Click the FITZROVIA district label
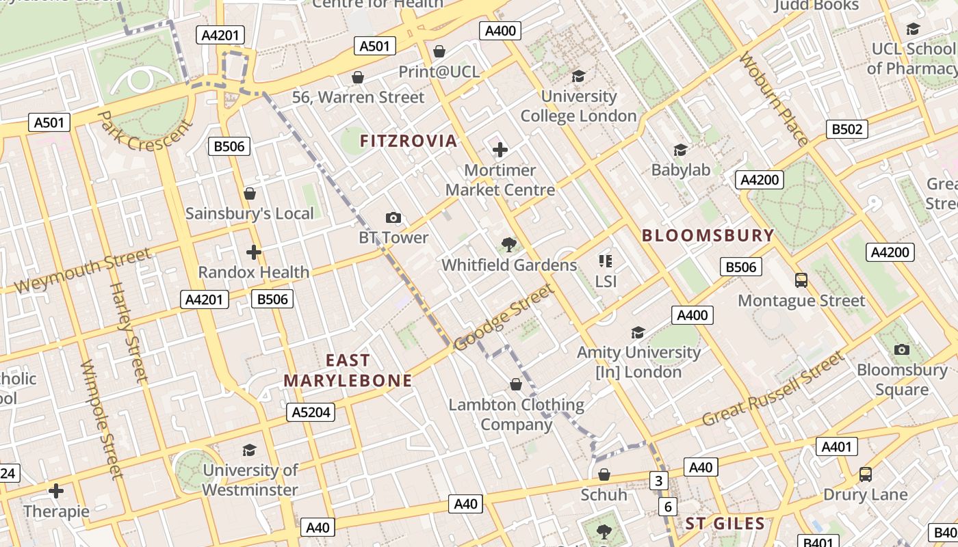pyautogui.click(x=409, y=141)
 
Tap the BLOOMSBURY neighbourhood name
pyautogui.click(x=708, y=236)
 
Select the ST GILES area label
pyautogui.click(x=725, y=524)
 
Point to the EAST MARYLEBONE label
pyautogui.click(x=348, y=371)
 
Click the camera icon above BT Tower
pyautogui.click(x=393, y=217)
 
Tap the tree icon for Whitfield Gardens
pyautogui.click(x=508, y=244)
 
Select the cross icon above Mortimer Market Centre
pyautogui.click(x=500, y=149)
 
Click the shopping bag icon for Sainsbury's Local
pyautogui.click(x=250, y=194)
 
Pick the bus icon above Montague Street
pyautogui.click(x=801, y=280)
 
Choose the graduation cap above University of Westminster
pyautogui.click(x=250, y=450)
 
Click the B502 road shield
pyautogui.click(x=846, y=129)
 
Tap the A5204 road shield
pyautogui.click(x=310, y=412)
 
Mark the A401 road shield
pyautogui.click(x=836, y=447)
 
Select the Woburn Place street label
pyautogui.click(x=774, y=100)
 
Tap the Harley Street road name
pyautogui.click(x=128, y=332)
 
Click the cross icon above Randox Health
pyautogui.click(x=254, y=252)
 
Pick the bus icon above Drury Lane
pyautogui.click(x=865, y=474)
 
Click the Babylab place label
pyautogui.click(x=681, y=170)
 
